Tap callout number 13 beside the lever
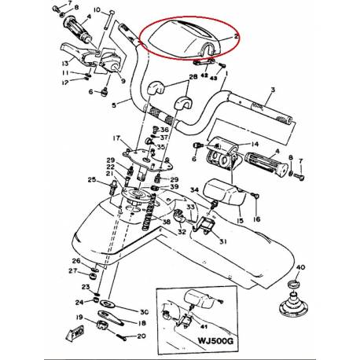(64, 64)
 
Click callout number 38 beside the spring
(166, 222)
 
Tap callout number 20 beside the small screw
(141, 336)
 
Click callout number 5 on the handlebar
(114, 103)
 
